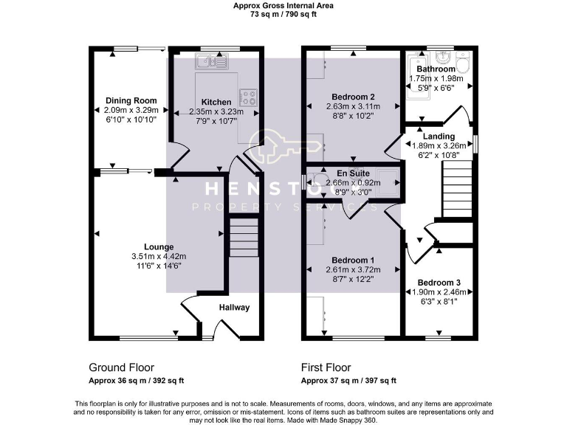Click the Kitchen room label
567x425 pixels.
(216, 102)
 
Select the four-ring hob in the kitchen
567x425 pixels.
(248, 97)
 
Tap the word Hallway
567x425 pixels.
(234, 308)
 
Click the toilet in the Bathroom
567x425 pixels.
(462, 60)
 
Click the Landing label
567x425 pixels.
(439, 137)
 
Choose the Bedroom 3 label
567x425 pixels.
(439, 283)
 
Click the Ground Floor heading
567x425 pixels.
(123, 367)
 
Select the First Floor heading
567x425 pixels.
(326, 367)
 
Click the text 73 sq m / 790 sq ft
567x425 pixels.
(283, 14)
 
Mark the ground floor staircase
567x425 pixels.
(242, 239)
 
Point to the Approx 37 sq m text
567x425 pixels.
(348, 381)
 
